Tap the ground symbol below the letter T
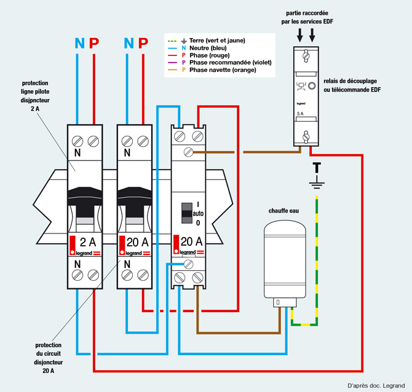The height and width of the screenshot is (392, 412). pos(317,182)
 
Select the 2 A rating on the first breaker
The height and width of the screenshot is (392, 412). pos(88,242)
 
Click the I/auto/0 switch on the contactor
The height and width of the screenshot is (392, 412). pos(187,213)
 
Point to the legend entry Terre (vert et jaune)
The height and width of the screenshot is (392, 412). pos(217,41)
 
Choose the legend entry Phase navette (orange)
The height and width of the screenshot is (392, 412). pos(223,70)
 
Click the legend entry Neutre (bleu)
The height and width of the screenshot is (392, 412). pos(208,48)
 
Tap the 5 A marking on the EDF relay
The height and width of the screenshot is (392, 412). pos(300,114)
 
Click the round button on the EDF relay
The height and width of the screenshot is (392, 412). pos(312,85)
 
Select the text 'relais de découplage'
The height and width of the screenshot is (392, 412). pos(350,81)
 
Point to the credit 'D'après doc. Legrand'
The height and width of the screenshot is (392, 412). pos(376,385)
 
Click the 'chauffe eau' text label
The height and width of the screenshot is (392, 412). pos(283,211)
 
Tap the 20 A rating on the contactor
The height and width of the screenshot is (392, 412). pos(191,241)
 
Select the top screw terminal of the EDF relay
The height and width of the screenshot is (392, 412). pos(306,56)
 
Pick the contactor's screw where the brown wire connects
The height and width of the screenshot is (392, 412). pos(188,152)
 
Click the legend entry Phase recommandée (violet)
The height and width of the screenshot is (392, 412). pos(231,63)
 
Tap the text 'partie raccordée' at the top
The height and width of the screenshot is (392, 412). pos(307,13)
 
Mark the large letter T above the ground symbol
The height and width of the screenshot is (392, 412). pos(317,168)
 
